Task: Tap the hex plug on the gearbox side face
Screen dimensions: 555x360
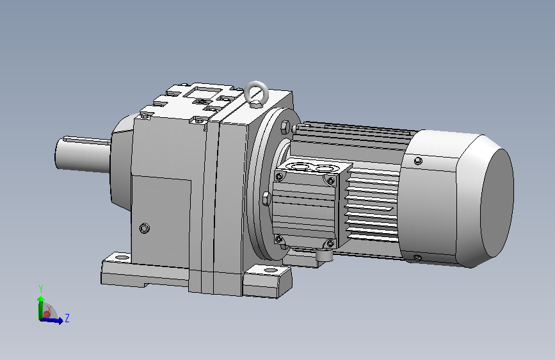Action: [x=145, y=228]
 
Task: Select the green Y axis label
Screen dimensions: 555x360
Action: [x=41, y=289]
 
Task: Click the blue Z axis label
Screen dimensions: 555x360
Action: [x=67, y=318]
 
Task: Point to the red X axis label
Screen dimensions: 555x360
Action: [x=49, y=309]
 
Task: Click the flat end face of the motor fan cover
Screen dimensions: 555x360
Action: [x=497, y=204]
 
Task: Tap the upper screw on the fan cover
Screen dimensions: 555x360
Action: [x=418, y=161]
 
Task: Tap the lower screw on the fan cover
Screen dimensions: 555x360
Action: [x=417, y=258]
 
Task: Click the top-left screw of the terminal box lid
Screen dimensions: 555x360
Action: [x=279, y=176]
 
